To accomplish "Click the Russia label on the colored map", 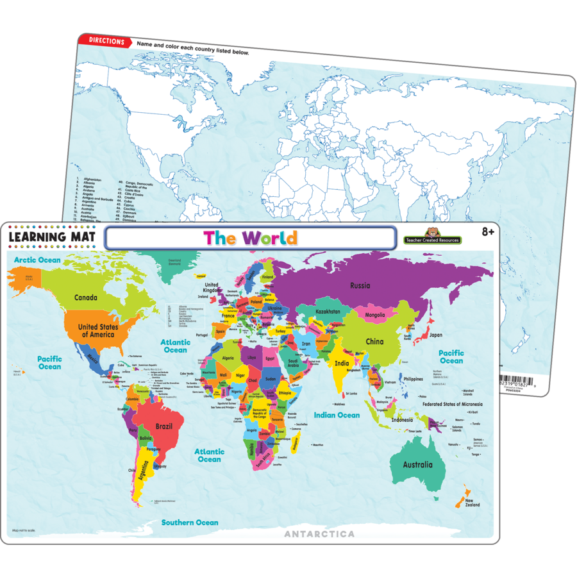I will click(360, 285).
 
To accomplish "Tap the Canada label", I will click(85, 297).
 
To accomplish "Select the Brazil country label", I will click(164, 426).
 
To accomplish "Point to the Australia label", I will click(417, 465).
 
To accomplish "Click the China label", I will click(374, 342).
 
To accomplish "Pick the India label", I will click(342, 364).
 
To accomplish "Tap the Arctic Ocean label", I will click(38, 260).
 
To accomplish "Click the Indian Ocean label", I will click(337, 415).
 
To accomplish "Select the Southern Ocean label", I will click(190, 523).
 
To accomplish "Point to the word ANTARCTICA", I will click(319, 533).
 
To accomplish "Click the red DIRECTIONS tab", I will click(106, 41).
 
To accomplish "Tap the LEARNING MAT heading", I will click(52, 237).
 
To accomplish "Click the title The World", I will click(250, 238).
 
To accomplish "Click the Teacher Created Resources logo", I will click(432, 238).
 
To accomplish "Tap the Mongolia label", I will click(375, 315).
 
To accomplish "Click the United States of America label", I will click(97, 331).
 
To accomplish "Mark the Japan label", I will click(436, 335).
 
